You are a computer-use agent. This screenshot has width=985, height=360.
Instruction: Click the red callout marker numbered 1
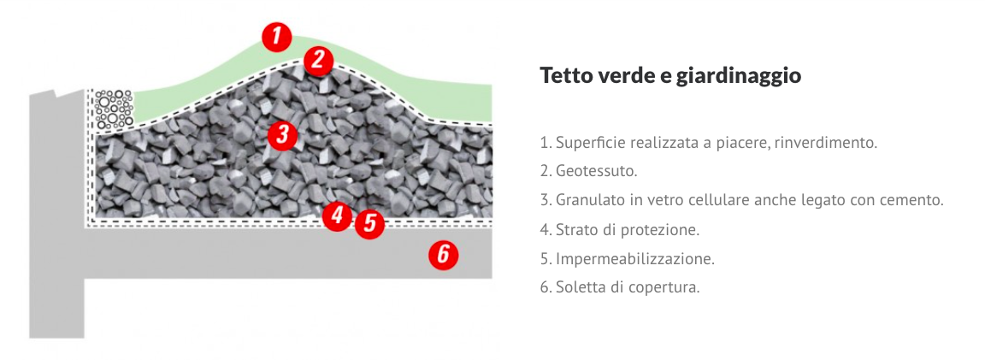277,37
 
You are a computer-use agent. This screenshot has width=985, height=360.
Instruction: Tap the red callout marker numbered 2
318,60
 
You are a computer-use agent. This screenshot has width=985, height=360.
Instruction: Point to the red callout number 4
338,215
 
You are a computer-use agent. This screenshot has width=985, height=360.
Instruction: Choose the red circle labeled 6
444,255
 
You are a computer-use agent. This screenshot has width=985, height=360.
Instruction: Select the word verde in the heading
621,75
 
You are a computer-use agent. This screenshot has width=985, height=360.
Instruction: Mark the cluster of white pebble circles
113,109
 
